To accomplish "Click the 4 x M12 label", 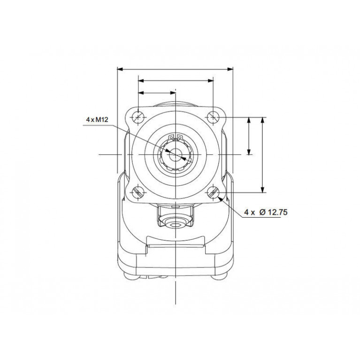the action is click(97, 120).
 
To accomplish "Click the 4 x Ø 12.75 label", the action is click(266, 212).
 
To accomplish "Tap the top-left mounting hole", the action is click(138, 117).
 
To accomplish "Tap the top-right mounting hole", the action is click(213, 117).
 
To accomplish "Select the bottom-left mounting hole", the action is click(138, 192).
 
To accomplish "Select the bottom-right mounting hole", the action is click(213, 192).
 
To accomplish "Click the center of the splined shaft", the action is click(176, 155).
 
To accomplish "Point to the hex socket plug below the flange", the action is click(176, 225).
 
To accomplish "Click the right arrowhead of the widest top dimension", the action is click(230, 69).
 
